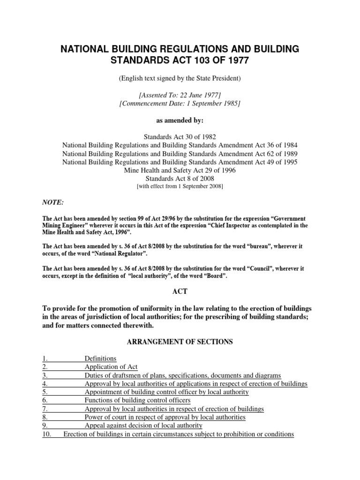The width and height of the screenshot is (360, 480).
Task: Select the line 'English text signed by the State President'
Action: point(180,79)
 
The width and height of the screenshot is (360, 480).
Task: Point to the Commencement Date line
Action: point(180,104)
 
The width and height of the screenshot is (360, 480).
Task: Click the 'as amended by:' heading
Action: point(180,120)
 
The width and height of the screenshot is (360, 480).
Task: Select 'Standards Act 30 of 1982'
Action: point(180,136)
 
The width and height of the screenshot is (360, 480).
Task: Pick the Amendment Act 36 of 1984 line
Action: point(180,145)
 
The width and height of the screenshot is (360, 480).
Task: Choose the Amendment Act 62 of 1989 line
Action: point(180,153)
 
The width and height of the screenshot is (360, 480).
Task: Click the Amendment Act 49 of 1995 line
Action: point(180,162)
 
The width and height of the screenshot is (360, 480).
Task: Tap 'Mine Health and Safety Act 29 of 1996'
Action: point(180,170)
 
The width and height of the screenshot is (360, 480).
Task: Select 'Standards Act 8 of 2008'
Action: point(180,179)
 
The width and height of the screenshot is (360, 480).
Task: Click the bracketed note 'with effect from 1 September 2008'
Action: point(180,187)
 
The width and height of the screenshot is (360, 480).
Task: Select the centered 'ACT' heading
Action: point(180,292)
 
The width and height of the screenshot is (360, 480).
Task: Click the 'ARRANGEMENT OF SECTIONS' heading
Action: point(180,342)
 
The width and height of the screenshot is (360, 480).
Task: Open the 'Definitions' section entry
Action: point(100,359)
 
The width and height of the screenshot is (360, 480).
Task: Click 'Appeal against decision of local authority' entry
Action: point(143,426)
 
